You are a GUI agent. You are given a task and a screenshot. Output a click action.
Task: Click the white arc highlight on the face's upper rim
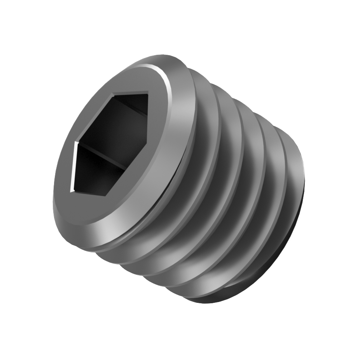pos(165,80)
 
